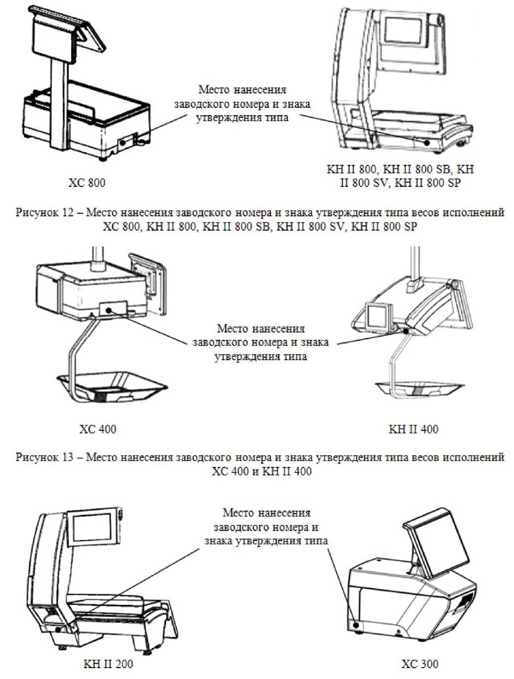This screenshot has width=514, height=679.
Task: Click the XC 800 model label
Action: tap(87, 183)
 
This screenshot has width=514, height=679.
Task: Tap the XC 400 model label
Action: tap(98, 429)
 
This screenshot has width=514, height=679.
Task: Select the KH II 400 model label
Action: tap(413, 429)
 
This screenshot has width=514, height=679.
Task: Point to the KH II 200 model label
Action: tap(108, 664)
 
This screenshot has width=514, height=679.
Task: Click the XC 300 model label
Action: tap(420, 664)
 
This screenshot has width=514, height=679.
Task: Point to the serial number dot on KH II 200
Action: tap(58, 629)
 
